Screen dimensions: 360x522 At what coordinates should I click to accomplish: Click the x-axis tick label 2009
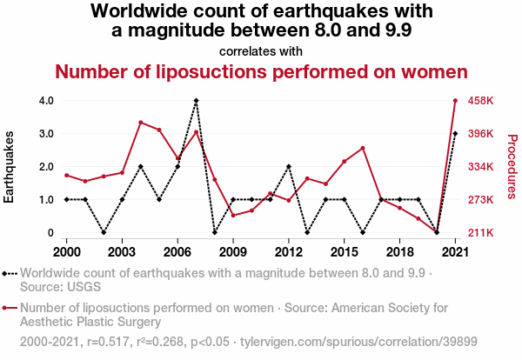(x=233, y=251)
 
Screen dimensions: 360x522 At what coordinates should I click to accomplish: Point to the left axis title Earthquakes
(x=10, y=167)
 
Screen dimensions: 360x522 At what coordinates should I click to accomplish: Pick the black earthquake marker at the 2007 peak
(x=196, y=101)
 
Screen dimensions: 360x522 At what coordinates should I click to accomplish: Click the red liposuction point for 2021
(x=455, y=101)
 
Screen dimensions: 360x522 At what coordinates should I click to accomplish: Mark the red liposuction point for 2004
(x=141, y=123)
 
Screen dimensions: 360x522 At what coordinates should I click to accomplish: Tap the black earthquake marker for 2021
(x=455, y=134)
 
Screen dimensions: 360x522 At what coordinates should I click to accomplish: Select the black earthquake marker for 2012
(x=289, y=166)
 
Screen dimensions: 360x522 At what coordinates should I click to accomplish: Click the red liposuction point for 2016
(x=363, y=148)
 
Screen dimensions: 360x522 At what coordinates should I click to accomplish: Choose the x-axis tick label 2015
(x=345, y=251)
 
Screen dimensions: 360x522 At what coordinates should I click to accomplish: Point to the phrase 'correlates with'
(x=261, y=51)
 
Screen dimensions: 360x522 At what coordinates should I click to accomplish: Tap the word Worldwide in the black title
(x=141, y=12)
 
